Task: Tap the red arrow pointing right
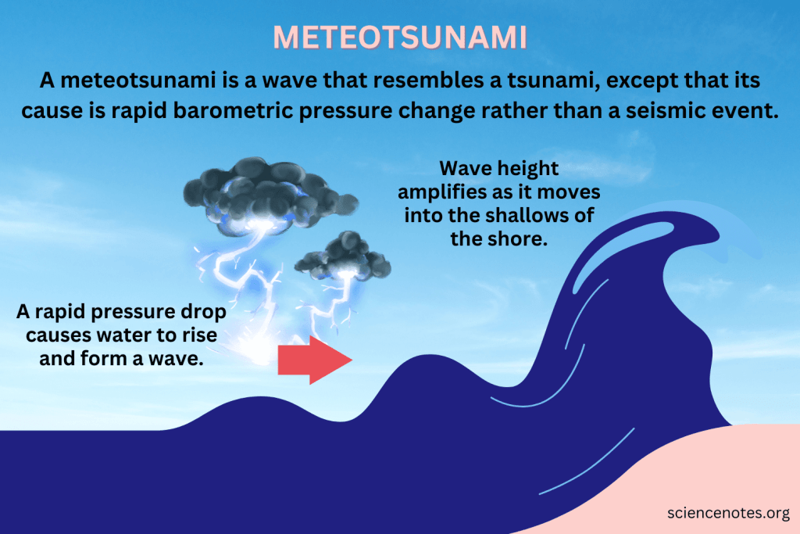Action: pyautogui.click(x=315, y=360)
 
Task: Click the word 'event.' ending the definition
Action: pyautogui.click(x=750, y=111)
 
